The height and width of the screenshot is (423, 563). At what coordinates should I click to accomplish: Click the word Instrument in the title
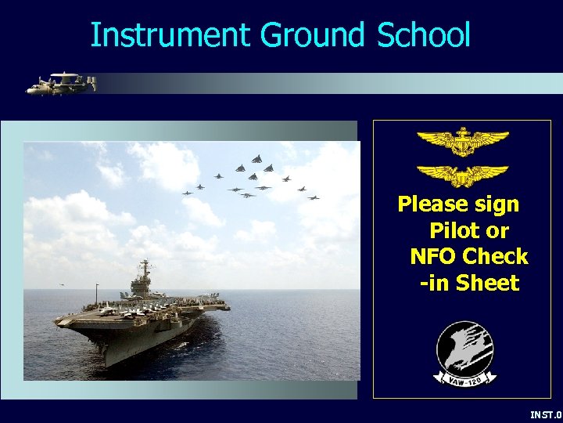170,35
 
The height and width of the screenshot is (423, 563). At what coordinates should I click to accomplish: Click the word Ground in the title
312,35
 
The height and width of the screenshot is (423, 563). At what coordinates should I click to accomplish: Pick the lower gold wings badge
461,175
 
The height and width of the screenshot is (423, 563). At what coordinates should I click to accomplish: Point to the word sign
497,205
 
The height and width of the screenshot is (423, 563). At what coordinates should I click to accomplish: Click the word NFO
433,257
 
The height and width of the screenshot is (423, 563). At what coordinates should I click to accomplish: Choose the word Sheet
488,283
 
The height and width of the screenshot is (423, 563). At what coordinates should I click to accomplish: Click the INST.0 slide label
546,414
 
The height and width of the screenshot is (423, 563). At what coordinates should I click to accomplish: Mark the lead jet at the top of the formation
256,158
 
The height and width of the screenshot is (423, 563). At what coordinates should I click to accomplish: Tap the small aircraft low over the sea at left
62,284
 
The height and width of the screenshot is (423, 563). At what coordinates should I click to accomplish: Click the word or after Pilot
497,231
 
